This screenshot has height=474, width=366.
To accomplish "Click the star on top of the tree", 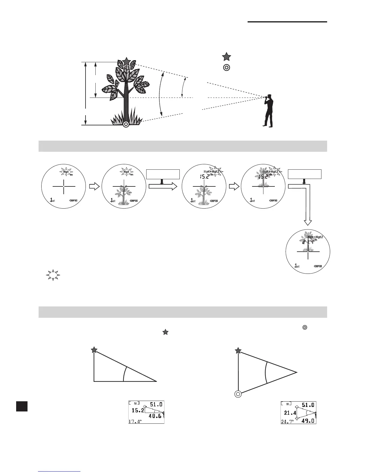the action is [x=126, y=61].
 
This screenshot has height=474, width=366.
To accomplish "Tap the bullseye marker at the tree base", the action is [x=126, y=124].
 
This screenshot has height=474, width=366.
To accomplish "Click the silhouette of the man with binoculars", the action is [x=269, y=111].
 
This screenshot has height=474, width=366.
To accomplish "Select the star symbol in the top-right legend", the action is [x=226, y=57].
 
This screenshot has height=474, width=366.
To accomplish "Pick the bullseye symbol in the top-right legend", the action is [x=226, y=68].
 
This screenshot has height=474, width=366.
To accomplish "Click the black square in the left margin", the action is [x=22, y=406].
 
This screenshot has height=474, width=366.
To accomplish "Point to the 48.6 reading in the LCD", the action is [x=155, y=416].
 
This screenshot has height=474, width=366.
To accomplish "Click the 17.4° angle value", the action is [x=135, y=421].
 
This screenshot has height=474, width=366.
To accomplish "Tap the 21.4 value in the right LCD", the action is [x=290, y=413].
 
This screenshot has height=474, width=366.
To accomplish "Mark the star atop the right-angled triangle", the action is [x=94, y=350].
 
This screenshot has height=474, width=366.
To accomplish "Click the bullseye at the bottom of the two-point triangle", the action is [x=238, y=394].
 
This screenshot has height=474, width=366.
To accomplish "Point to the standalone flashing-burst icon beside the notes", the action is [x=53, y=275].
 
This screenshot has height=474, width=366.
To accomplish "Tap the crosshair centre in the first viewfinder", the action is [x=64, y=186].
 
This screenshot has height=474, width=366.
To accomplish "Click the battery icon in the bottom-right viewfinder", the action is [x=318, y=266].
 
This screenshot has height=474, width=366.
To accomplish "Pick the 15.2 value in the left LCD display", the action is [x=138, y=410].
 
